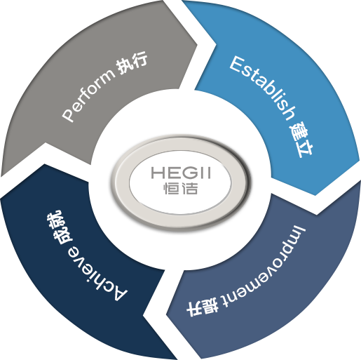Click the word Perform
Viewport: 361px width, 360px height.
pyautogui.click(x=88, y=96)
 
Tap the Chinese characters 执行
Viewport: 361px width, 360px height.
pyautogui.click(x=132, y=62)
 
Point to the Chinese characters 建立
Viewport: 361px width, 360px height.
pyautogui.click(x=301, y=140)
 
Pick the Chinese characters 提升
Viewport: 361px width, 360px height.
pyautogui.click(x=203, y=308)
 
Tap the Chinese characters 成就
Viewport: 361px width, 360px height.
pyautogui.click(x=58, y=227)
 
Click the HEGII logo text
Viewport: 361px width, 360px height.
pyautogui.click(x=181, y=173)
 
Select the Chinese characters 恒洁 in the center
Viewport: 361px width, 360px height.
pyautogui.click(x=180, y=188)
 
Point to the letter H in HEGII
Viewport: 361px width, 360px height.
pyautogui.click(x=158, y=173)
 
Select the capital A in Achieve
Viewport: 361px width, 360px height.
pyautogui.click(x=118, y=293)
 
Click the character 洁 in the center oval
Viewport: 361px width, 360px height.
pyautogui.click(x=190, y=188)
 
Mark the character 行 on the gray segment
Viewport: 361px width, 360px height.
pyautogui.click(x=139, y=59)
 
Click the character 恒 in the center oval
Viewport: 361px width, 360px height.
pyautogui.click(x=171, y=188)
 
